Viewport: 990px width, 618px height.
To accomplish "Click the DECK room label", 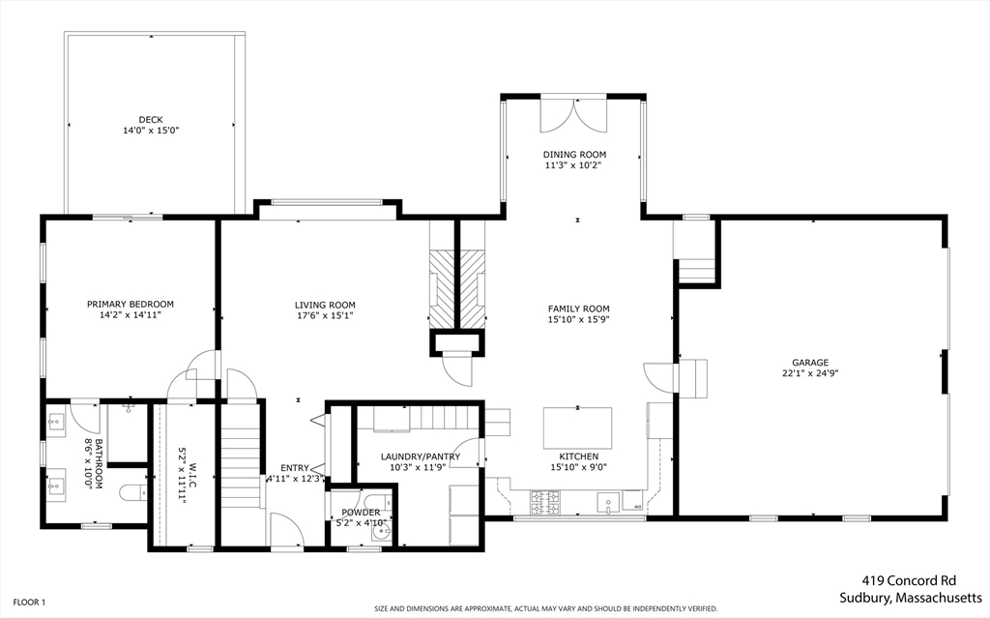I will (150, 120).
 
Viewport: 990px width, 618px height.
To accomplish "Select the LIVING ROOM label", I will (325, 305).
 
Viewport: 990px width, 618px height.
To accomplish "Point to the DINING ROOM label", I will (574, 155).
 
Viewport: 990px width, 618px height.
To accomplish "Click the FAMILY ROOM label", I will (579, 309).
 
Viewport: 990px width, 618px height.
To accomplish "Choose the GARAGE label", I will (810, 363).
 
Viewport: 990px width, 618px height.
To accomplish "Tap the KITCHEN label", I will (578, 456).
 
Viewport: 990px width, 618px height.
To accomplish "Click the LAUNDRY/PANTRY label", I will (421, 456).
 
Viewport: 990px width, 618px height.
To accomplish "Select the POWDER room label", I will (361, 513).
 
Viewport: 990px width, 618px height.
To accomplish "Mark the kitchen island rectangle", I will (578, 427).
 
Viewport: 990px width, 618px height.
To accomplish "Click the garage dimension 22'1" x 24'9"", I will (810, 373).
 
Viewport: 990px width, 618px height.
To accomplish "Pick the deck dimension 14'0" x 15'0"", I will (150, 131).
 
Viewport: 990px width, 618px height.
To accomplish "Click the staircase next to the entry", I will (242, 455).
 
